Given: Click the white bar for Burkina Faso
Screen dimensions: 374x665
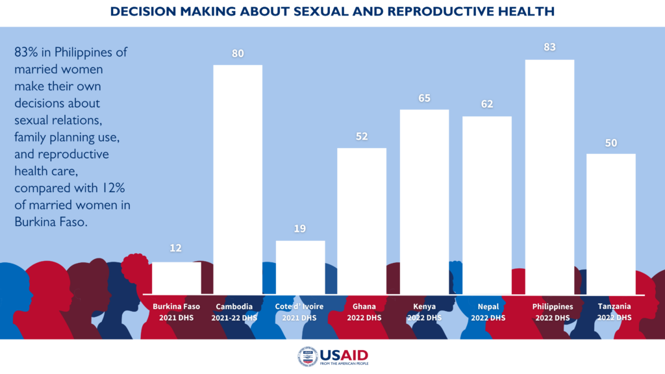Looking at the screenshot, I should pyautogui.click(x=176, y=277).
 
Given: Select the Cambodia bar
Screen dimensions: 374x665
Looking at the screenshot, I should pyautogui.click(x=238, y=179).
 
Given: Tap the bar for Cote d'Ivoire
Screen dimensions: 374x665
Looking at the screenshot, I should pyautogui.click(x=300, y=266).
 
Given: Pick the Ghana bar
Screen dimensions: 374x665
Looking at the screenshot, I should pyautogui.click(x=362, y=220).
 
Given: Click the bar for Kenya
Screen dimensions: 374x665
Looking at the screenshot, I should pyautogui.click(x=424, y=201).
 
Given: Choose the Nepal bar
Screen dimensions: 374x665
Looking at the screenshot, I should pyautogui.click(x=486, y=204).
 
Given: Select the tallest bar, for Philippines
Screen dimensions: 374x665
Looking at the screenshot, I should pyautogui.click(x=549, y=176).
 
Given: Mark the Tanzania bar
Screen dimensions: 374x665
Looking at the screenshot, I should pyautogui.click(x=611, y=223).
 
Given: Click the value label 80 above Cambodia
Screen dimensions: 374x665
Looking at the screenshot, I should pyautogui.click(x=238, y=54).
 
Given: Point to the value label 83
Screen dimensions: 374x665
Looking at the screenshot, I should pyautogui.click(x=549, y=48).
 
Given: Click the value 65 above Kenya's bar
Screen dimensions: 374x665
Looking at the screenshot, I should pyautogui.click(x=424, y=99).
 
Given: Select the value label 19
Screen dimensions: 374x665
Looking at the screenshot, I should pyautogui.click(x=300, y=229).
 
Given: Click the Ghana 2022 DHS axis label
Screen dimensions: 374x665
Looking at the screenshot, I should pyautogui.click(x=362, y=312).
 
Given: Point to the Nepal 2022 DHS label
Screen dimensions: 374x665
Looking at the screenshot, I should pyautogui.click(x=487, y=312).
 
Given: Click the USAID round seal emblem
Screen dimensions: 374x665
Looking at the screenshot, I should pyautogui.click(x=307, y=356).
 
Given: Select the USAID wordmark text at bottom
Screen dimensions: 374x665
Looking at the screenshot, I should pyautogui.click(x=344, y=355).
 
